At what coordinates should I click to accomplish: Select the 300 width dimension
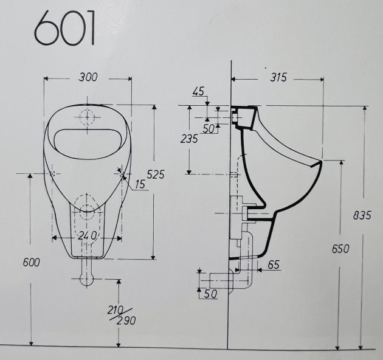click(88, 77)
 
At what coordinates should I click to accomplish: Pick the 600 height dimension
click(30, 262)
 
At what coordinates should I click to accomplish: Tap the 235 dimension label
click(190, 139)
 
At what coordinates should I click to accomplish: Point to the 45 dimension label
click(198, 91)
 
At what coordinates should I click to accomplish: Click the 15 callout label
click(140, 184)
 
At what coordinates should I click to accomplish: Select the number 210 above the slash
click(115, 310)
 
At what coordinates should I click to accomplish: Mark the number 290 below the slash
click(127, 320)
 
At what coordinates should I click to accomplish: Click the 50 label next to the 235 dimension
click(209, 129)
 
